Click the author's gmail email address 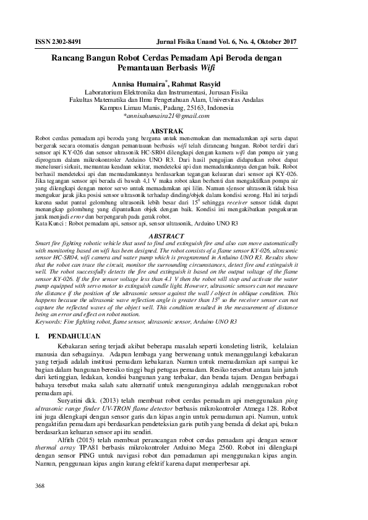(x=162, y=115)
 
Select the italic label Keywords (x=53, y=304)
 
